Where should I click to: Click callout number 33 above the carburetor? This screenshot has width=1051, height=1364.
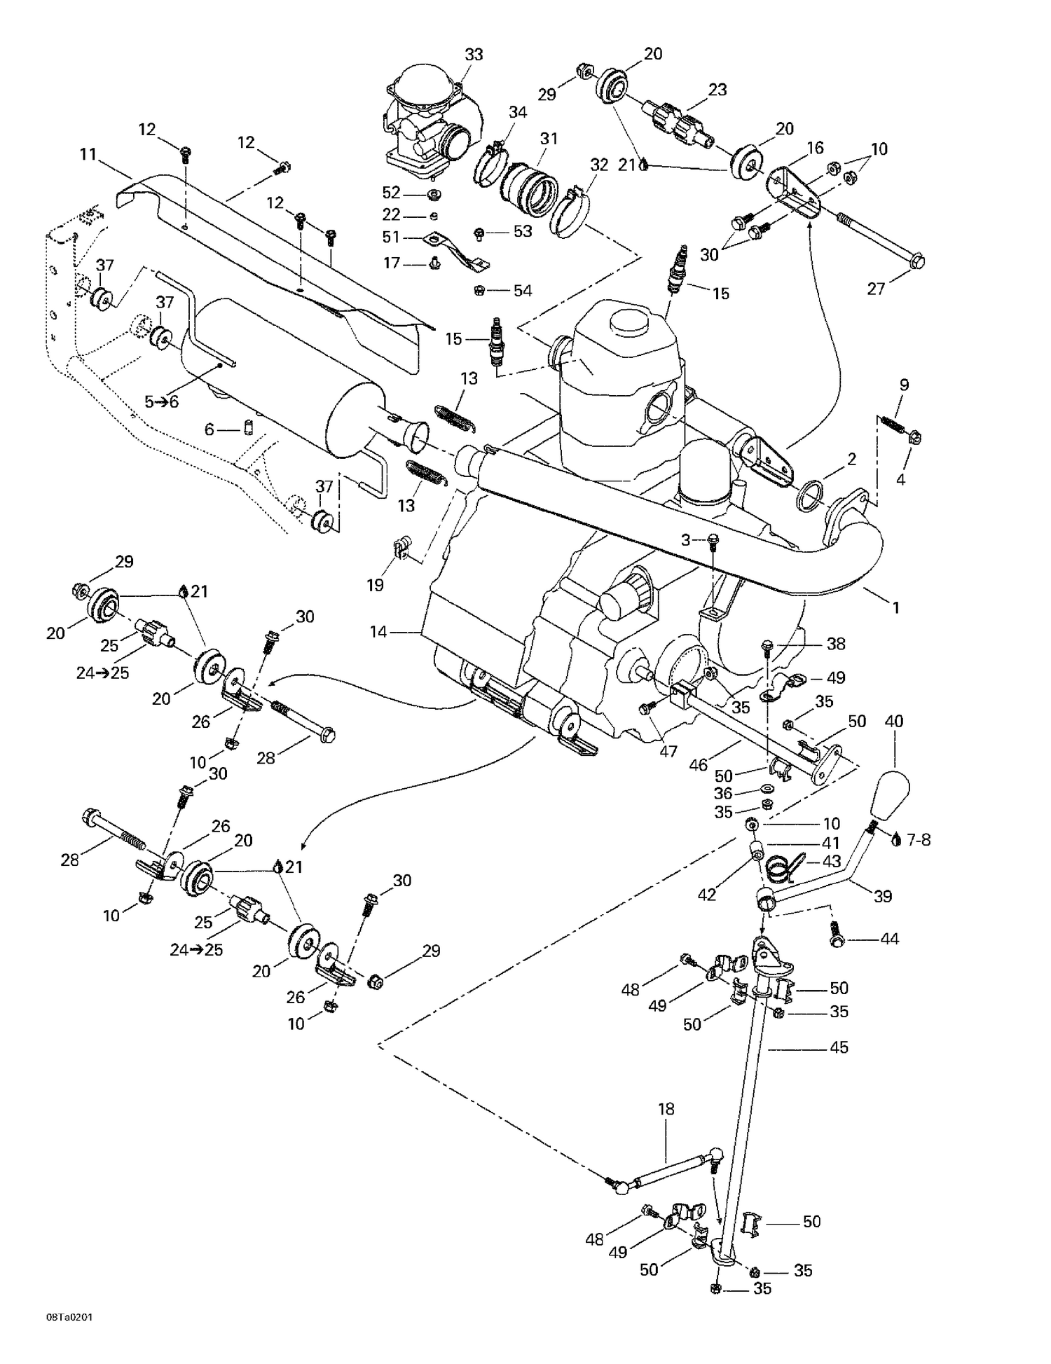coord(474,54)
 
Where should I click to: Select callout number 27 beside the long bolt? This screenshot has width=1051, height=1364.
coord(876,288)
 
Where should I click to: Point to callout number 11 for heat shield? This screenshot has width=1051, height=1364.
coord(88,154)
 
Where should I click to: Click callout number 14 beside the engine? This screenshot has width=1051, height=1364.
coord(378,632)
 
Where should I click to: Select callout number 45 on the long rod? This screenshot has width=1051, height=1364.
coord(839,1047)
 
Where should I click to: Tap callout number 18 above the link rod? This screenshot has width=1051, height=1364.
coord(666,1109)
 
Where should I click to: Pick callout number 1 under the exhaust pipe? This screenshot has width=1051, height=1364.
coord(895,607)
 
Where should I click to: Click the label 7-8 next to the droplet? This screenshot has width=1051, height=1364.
coord(918,839)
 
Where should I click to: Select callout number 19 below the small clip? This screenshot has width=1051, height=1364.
coord(376,585)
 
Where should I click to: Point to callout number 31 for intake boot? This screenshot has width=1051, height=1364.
coord(549,139)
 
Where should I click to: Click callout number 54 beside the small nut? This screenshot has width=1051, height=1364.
coord(523,291)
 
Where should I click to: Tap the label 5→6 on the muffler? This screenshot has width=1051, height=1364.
coord(161,401)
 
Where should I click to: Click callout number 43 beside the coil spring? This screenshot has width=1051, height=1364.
coord(831,861)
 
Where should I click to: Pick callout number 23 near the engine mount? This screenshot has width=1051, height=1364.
coord(717,90)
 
